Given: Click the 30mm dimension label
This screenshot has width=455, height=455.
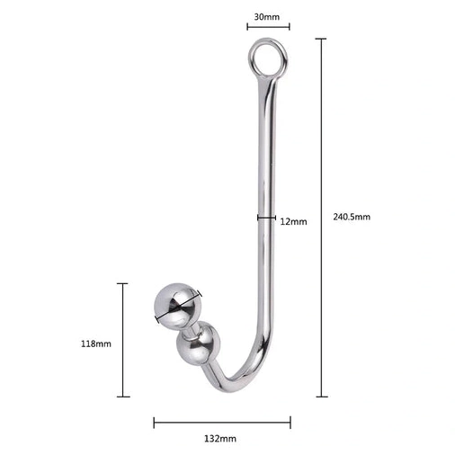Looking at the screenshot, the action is [267, 17].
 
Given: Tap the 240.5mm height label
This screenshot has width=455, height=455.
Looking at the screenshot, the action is [352, 217].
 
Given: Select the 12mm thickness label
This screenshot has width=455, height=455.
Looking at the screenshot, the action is [293, 222].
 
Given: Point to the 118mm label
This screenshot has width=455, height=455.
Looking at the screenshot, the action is [96, 343].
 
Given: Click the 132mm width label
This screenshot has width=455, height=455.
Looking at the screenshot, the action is [220, 439].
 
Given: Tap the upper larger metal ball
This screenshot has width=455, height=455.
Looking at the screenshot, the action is [178, 304].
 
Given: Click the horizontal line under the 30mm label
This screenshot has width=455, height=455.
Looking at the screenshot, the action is [268, 27].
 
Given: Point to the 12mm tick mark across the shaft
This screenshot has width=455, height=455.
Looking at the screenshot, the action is [266, 218].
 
